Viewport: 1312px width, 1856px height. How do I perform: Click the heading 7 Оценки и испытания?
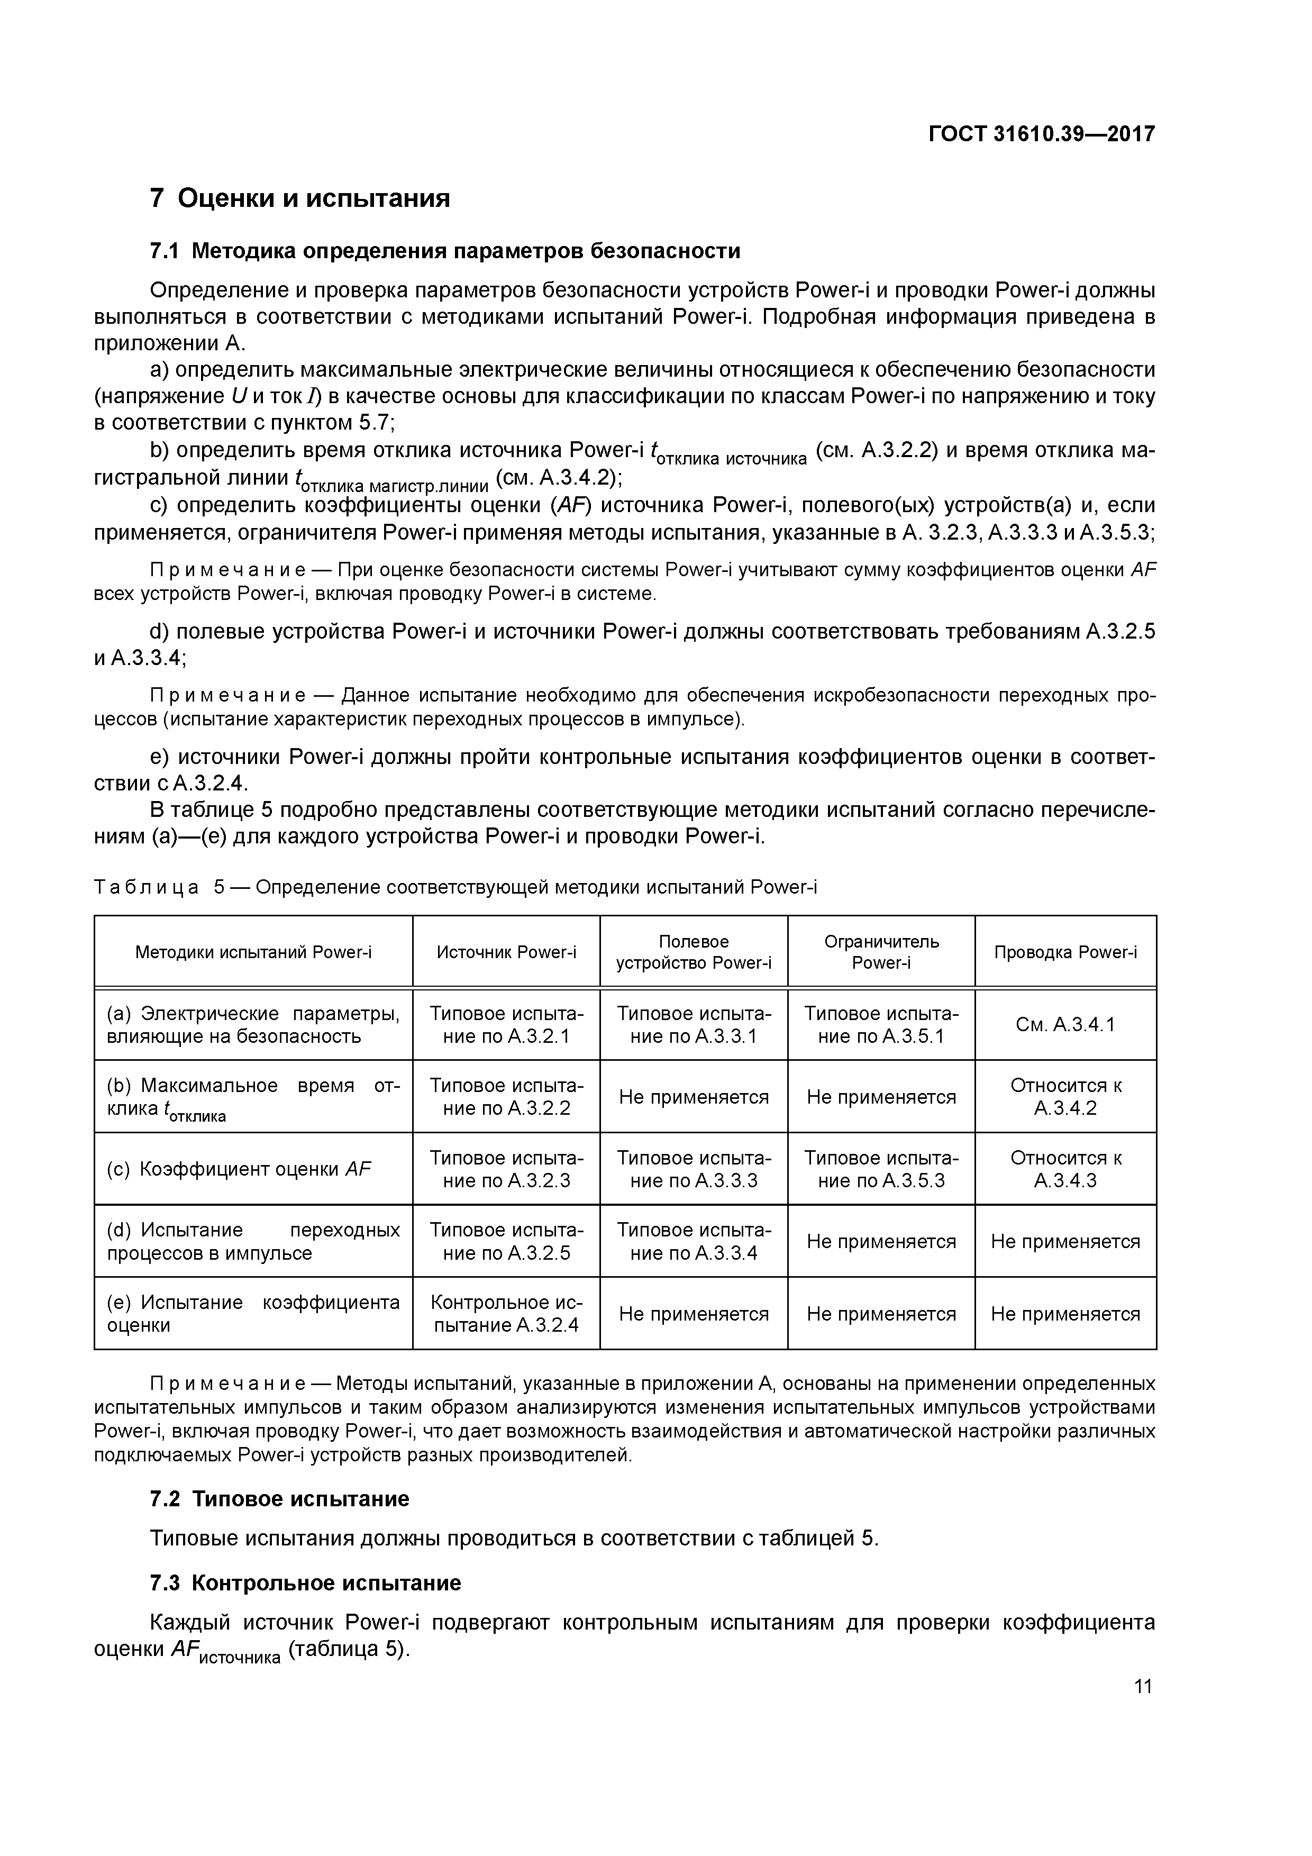[300, 198]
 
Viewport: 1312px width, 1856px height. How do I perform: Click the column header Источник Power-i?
[506, 952]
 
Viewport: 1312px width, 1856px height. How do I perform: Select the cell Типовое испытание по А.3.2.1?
[506, 1025]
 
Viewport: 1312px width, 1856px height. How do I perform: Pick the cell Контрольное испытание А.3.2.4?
[506, 1314]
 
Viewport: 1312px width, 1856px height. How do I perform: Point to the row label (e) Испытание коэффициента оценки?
[253, 1314]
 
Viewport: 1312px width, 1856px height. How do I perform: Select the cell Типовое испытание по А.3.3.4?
[694, 1242]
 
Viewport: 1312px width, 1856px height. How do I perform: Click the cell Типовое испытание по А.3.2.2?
[506, 1097]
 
